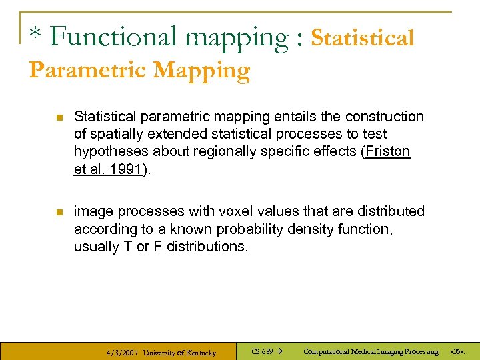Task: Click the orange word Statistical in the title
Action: click(x=363, y=37)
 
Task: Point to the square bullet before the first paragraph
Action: click(x=58, y=117)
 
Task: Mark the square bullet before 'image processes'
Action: click(x=58, y=212)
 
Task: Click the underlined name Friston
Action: click(x=387, y=151)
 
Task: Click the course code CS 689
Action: click(x=262, y=351)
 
